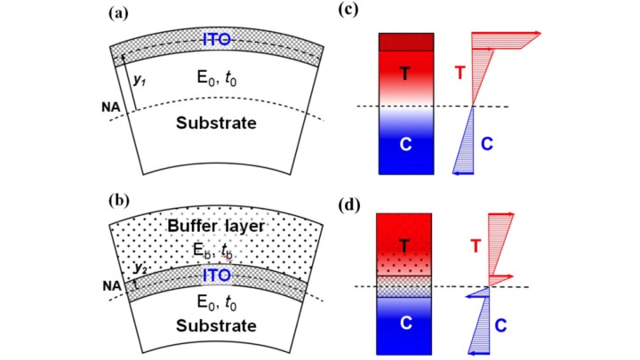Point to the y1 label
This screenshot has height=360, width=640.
(140, 79)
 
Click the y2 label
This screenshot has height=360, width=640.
(138, 268)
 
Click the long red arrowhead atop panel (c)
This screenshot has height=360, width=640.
(535, 35)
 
